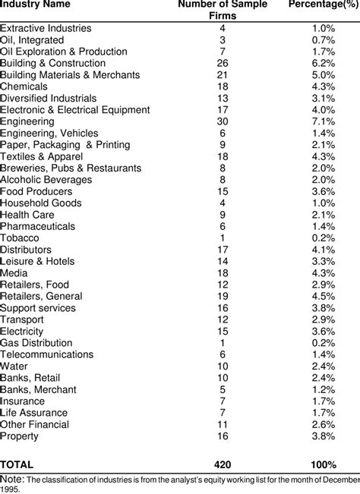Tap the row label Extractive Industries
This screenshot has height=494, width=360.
[46, 28]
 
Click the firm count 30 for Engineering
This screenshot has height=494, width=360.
[222, 121]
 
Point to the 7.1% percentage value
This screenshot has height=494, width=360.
[324, 121]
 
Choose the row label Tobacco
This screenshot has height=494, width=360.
[20, 238]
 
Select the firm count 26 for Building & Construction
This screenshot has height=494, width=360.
[222, 63]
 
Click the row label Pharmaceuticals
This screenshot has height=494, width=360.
[38, 226]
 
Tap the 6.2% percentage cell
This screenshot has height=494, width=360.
[324, 63]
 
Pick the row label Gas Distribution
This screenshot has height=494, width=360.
[36, 342]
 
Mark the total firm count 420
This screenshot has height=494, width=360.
[222, 464]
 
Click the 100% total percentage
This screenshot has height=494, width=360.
[323, 464]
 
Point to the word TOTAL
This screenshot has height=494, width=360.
[17, 464]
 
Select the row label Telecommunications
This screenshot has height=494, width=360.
[46, 354]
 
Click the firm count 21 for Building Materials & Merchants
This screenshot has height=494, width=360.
[222, 75]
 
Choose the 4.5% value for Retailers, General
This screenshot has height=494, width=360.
[324, 296]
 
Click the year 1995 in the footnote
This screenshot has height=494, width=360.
[11, 489]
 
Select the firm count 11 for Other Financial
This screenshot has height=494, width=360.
[222, 424]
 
